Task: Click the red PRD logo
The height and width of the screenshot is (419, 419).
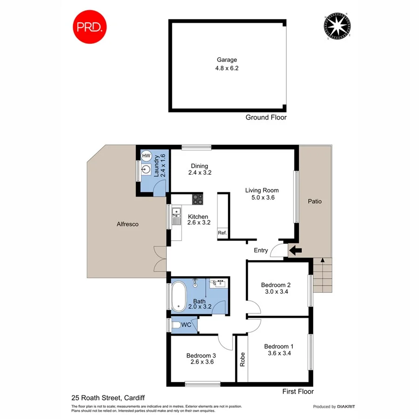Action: click(90, 27)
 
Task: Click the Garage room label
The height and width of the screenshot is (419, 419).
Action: click(227, 60)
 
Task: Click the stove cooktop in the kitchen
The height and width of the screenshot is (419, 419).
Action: click(198, 199)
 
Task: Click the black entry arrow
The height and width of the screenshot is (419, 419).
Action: click(295, 251)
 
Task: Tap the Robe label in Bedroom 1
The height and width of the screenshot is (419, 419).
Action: click(242, 359)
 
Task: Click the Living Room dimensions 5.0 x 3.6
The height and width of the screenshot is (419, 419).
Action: click(262, 197)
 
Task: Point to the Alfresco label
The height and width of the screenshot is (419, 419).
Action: click(128, 224)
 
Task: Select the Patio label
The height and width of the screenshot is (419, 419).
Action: click(315, 202)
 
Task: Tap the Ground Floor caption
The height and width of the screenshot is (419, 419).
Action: click(266, 118)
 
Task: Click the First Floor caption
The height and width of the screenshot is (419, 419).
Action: click(298, 392)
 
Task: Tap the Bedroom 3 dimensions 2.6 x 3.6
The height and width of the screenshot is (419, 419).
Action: click(202, 362)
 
